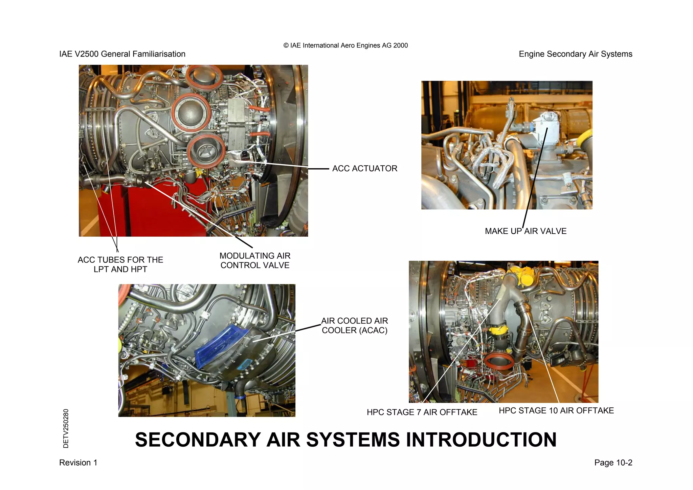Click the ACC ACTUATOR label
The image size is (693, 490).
[x=364, y=168]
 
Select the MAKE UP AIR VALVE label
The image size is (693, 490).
[x=525, y=231]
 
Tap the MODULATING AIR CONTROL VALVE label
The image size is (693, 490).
[x=255, y=260]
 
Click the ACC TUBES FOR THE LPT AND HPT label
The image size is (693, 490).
[x=120, y=264]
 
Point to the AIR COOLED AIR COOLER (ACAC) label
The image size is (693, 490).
[x=354, y=325]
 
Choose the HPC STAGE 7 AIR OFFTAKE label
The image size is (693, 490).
[x=422, y=412]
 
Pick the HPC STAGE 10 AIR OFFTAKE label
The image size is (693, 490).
[x=556, y=410]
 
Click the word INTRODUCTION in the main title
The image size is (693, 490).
[x=481, y=440]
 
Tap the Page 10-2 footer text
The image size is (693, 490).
[x=613, y=463]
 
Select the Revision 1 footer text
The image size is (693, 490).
[x=78, y=463]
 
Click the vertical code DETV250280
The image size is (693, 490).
[x=66, y=428]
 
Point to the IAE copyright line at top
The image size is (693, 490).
[x=345, y=45]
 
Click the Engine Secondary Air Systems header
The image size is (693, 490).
[x=575, y=54]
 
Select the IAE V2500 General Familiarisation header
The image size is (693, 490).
[x=122, y=54]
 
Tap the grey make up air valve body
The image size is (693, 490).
[x=545, y=130]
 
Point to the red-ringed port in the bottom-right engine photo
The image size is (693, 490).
[x=499, y=362]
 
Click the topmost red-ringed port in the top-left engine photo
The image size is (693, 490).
[x=204, y=77]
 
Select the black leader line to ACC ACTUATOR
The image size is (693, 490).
[x=318, y=169]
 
